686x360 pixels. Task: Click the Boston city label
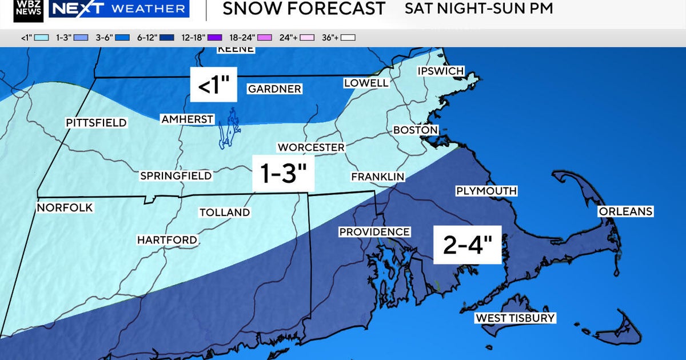[415, 130]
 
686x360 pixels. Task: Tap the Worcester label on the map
[311, 147]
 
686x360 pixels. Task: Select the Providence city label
[374, 232]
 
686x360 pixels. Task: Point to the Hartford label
[167, 241]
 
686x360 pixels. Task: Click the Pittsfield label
[96, 123]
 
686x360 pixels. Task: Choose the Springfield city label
[176, 176]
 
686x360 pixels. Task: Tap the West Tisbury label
[515, 318]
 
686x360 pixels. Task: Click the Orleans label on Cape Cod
[625, 211]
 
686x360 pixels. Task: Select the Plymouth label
[486, 191]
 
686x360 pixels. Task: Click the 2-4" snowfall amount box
[467, 245]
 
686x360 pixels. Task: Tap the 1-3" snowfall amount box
[284, 174]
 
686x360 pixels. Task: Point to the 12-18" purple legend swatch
[214, 38]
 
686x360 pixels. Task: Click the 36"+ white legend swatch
[348, 38]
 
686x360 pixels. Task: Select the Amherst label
[187, 119]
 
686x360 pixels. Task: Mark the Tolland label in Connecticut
[225, 213]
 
